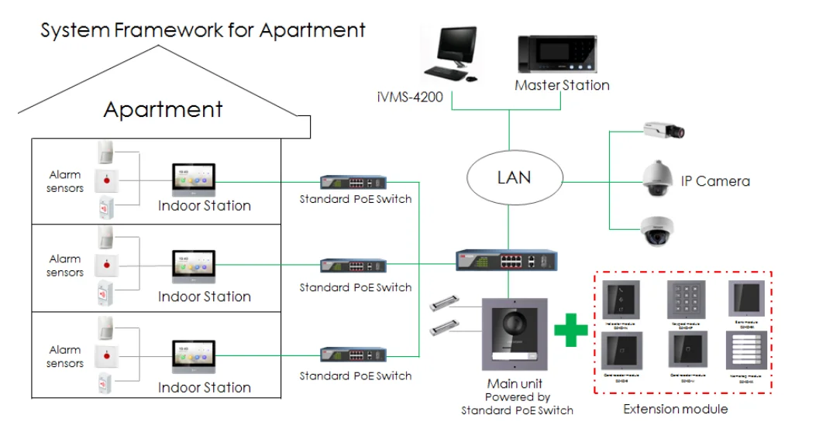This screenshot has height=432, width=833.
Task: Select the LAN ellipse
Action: click(x=514, y=177)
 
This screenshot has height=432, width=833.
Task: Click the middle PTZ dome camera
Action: click(x=659, y=180)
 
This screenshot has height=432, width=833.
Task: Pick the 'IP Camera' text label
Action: click(x=715, y=181)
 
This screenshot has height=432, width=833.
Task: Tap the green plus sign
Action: click(x=571, y=331)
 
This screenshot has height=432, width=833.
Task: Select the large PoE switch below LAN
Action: click(x=506, y=260)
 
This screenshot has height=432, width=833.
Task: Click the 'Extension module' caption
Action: click(x=676, y=409)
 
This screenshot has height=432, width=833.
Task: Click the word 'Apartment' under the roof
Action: click(x=164, y=109)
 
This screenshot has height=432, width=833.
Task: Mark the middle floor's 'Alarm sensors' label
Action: click(x=65, y=266)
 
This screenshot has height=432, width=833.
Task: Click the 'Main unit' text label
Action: click(x=515, y=384)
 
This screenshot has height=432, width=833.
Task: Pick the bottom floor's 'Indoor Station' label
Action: click(x=205, y=387)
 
